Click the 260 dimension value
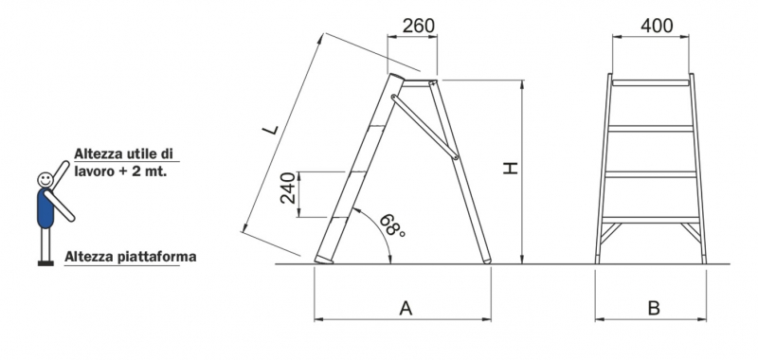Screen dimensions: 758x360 [419, 26]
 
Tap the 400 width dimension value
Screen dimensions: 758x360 [657, 26]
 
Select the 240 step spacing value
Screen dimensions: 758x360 [288, 188]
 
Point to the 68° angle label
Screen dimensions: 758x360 [392, 225]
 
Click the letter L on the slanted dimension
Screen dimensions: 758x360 [271, 129]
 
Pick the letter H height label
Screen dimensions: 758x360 [511, 168]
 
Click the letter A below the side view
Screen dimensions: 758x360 [406, 308]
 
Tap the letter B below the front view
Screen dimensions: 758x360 [654, 308]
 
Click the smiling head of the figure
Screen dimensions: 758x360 [45, 180]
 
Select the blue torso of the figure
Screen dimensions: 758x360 [45, 208]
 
